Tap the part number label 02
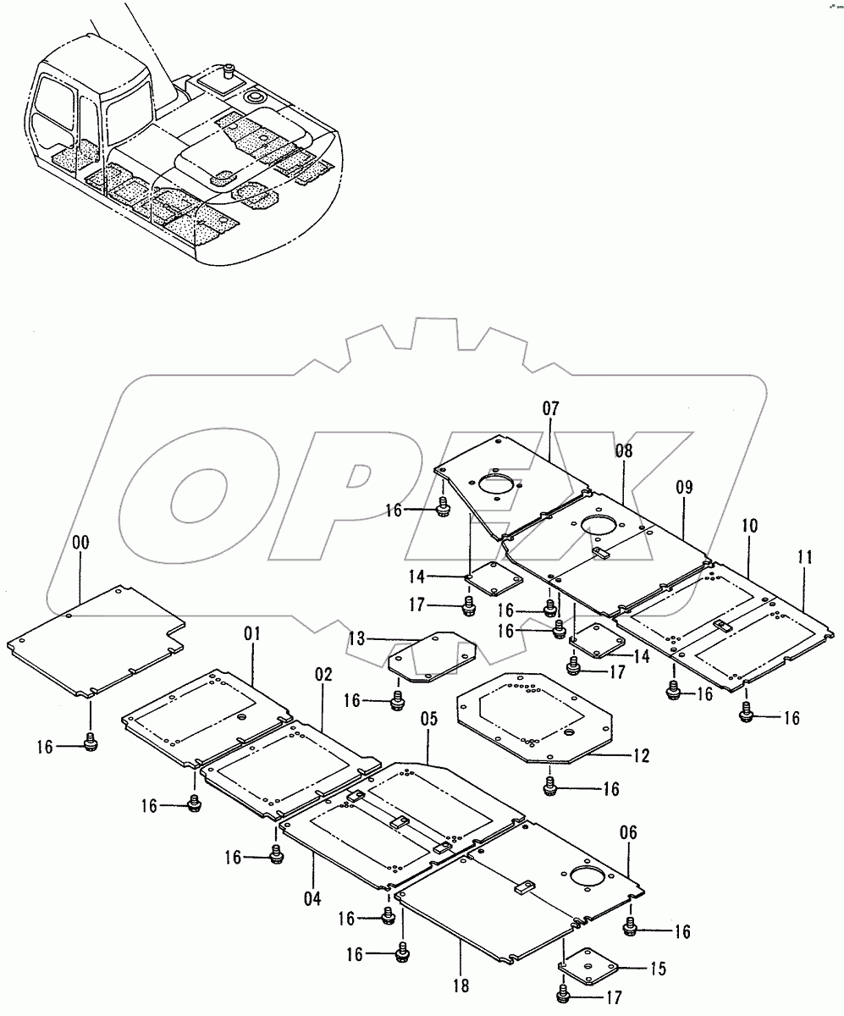324,675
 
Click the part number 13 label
357,638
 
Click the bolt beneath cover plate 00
91,743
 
